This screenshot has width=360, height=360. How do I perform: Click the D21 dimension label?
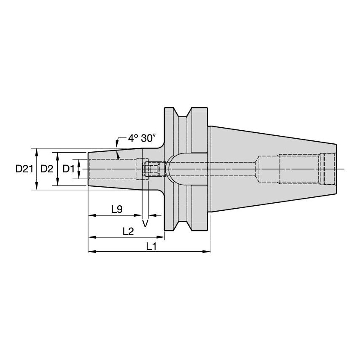24,169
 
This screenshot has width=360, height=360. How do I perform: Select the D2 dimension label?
47,169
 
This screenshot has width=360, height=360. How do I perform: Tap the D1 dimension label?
68,169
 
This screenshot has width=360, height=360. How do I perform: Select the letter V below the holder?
145,223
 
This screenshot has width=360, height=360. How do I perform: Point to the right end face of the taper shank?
336,169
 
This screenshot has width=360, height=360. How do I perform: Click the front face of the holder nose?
88,169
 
